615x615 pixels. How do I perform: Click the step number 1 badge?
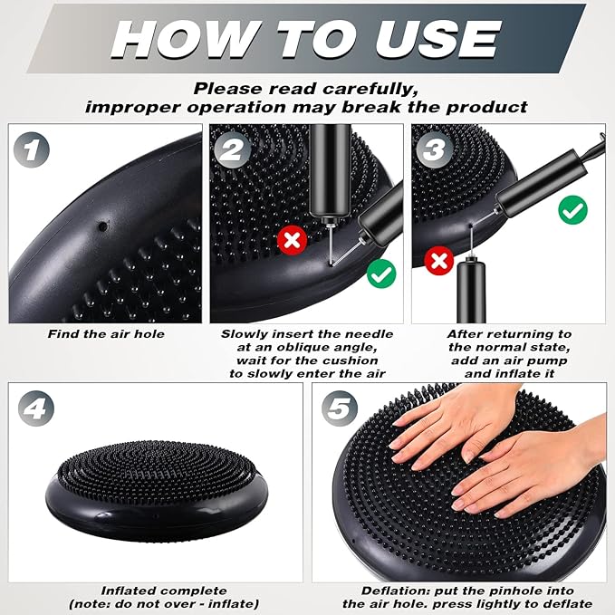coord(32,149)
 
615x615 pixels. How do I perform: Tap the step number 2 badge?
coord(233,149)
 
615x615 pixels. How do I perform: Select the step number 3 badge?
coord(435,149)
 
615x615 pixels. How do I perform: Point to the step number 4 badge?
coord(36,408)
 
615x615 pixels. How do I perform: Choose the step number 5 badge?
coord(340,408)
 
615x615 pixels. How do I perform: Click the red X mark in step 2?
coord(293,240)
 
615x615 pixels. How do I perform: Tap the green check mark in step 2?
coord(381,274)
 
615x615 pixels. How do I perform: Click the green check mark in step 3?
coord(573,210)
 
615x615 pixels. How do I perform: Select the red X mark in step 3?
coord(439,261)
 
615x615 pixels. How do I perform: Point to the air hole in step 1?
coord(102,226)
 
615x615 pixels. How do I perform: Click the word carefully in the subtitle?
coord(370,89)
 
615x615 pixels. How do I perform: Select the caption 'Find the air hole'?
coord(106,334)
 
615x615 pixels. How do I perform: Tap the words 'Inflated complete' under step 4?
coord(164,591)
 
